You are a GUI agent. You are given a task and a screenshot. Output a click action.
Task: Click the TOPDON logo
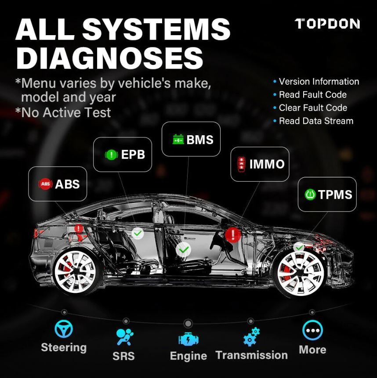tap(327, 24)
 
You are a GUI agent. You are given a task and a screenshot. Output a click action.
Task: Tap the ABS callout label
tap(58, 184)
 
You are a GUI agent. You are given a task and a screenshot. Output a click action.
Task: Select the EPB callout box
tap(123, 155)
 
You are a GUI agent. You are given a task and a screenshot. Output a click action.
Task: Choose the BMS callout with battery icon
tap(191, 140)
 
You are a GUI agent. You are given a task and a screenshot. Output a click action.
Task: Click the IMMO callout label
tap(260, 164)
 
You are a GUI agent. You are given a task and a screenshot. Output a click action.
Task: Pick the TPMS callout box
tap(327, 194)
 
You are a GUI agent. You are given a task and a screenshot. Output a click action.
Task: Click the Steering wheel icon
tap(64, 329)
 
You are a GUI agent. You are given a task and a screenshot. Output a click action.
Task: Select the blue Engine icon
tap(188, 339)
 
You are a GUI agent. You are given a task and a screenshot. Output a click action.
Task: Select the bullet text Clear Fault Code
tap(312, 108)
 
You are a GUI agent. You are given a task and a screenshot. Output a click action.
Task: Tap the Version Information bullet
tap(318, 81)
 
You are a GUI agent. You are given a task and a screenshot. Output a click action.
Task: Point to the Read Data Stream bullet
tap(315, 121)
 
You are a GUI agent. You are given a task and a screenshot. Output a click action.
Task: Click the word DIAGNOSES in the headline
tap(109, 58)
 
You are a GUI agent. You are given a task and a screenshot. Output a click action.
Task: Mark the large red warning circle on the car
tap(233, 235)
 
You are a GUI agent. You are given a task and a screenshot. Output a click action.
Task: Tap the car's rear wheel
tap(74, 270)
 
